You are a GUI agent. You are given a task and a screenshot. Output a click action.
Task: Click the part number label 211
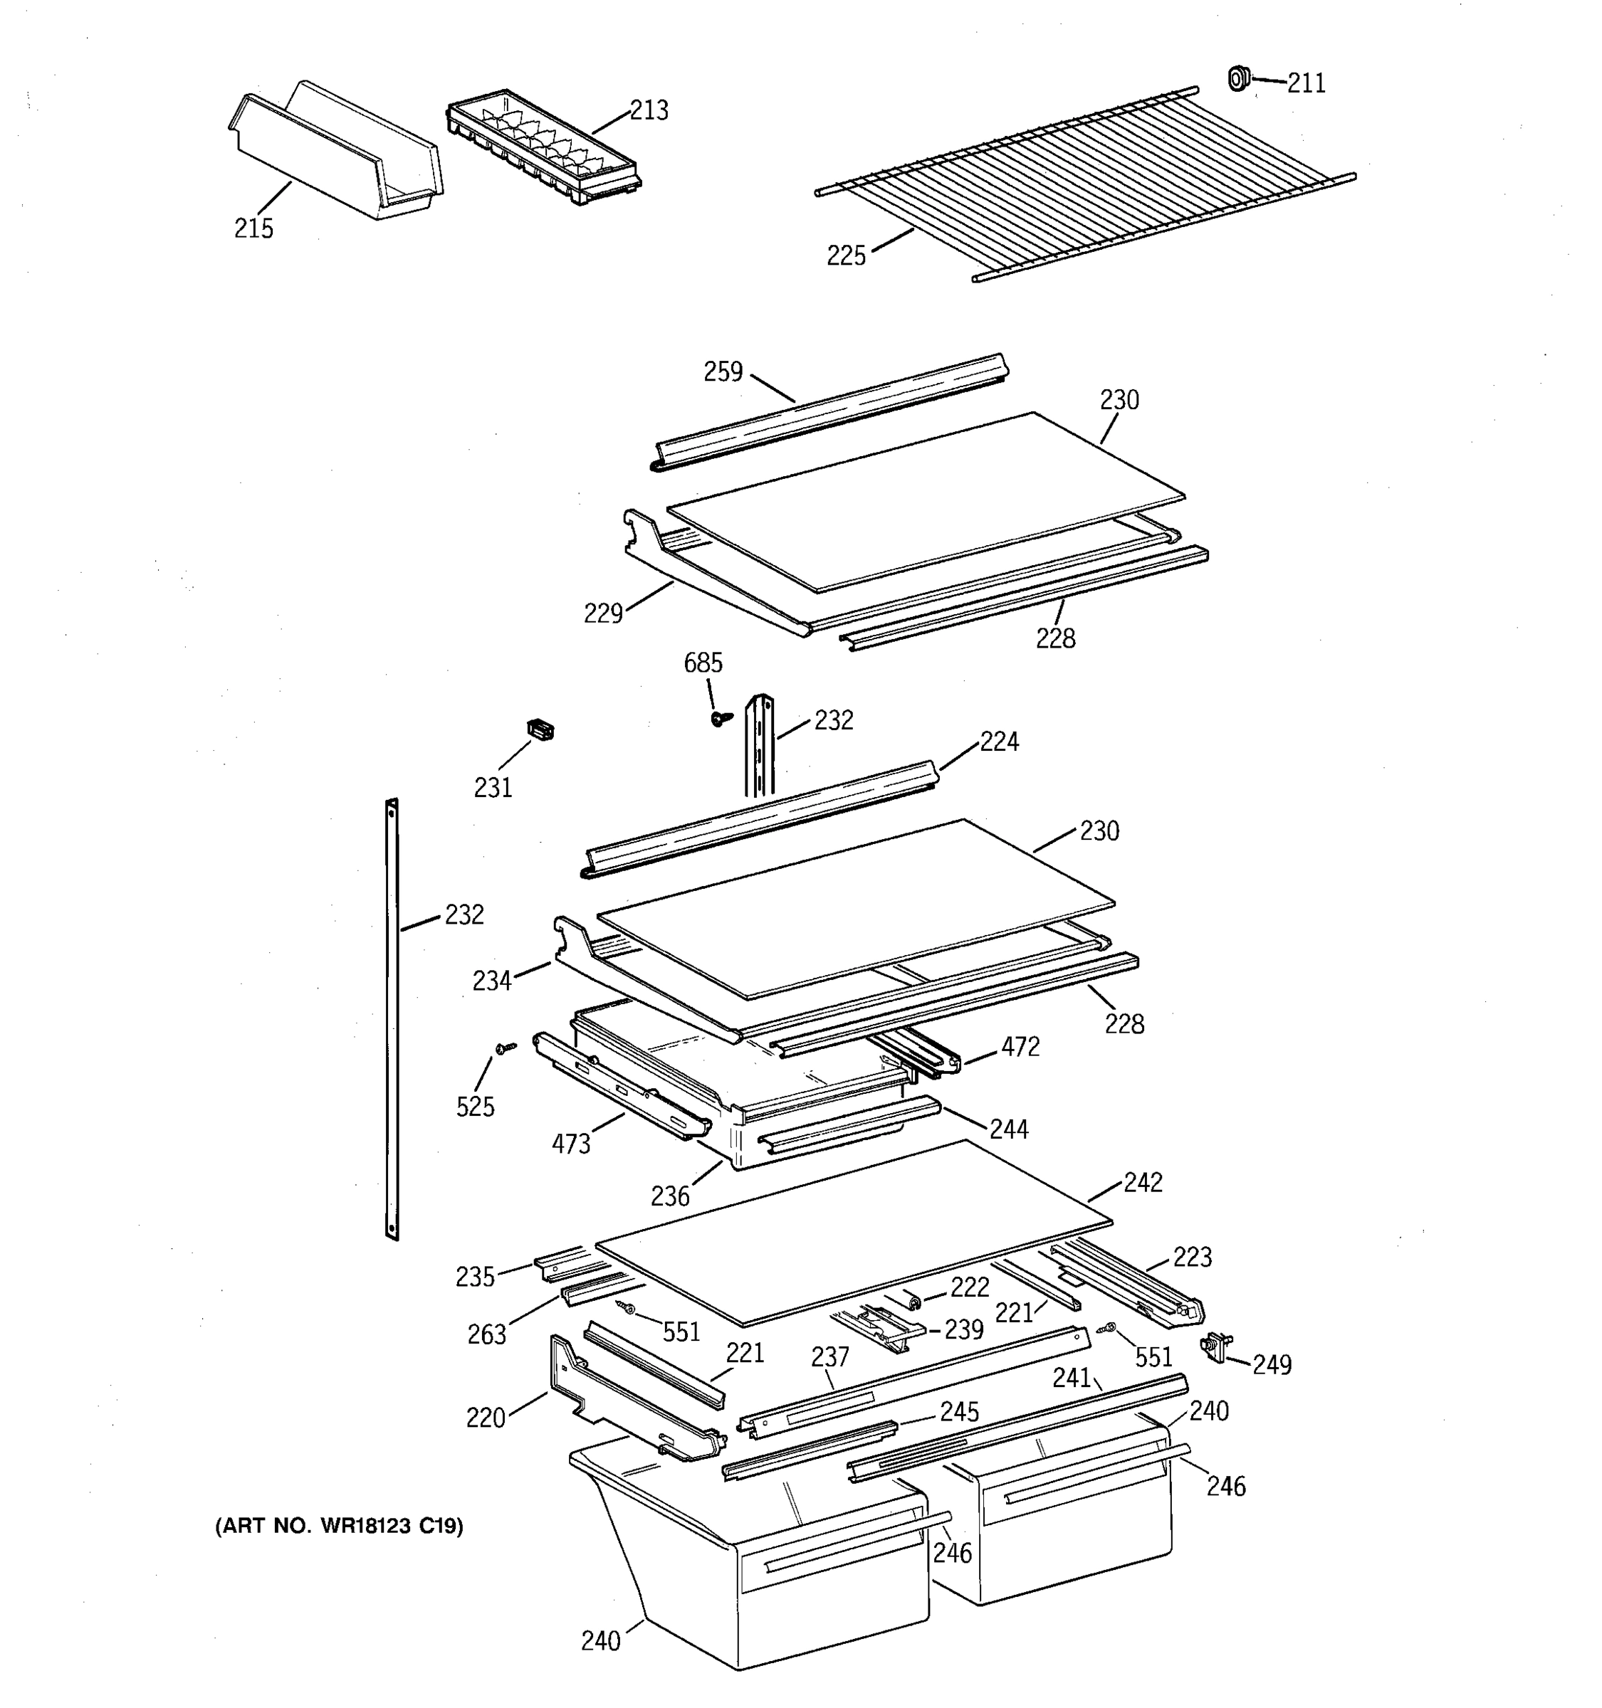pyautogui.click(x=1306, y=83)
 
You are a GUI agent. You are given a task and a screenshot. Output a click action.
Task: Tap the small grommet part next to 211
pyautogui.click(x=1237, y=78)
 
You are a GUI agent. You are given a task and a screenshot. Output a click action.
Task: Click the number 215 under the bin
pyautogui.click(x=253, y=228)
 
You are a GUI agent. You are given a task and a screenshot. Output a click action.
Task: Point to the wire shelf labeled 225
pyautogui.click(x=1083, y=185)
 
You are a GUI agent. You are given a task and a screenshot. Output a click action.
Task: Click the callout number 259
pyautogui.click(x=723, y=371)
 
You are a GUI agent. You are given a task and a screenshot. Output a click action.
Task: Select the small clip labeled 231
pyautogui.click(x=540, y=729)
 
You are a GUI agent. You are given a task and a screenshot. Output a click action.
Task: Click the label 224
pyautogui.click(x=999, y=742)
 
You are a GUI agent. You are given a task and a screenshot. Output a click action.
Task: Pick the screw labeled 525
pyautogui.click(x=506, y=1048)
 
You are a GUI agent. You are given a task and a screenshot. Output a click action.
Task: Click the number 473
pyautogui.click(x=571, y=1144)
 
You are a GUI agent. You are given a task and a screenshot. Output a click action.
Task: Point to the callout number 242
pyautogui.click(x=1142, y=1182)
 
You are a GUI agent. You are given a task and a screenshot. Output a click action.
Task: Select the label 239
pyautogui.click(x=963, y=1329)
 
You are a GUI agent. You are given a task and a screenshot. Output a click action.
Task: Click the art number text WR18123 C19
pyautogui.click(x=339, y=1526)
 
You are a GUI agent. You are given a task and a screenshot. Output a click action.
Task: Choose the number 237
pyautogui.click(x=829, y=1356)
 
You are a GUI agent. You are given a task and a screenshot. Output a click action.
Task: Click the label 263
pyautogui.click(x=486, y=1334)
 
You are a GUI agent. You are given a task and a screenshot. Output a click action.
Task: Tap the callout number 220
pyautogui.click(x=485, y=1418)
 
